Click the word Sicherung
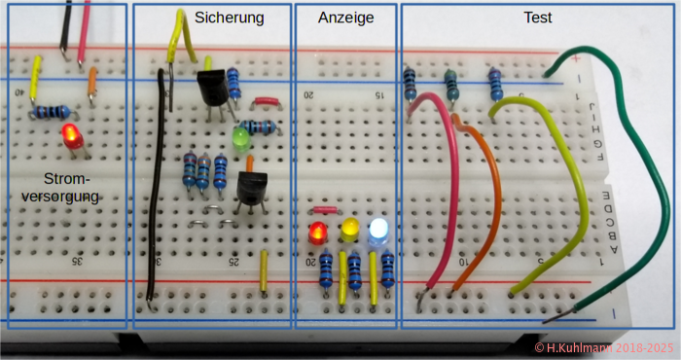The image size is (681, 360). click(x=229, y=18)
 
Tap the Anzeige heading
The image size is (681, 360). click(x=345, y=18)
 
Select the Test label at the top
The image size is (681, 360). click(x=538, y=18)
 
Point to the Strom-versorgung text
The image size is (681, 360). click(x=68, y=187)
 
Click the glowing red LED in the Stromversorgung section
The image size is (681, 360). click(x=70, y=136)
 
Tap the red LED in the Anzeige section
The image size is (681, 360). click(x=317, y=234)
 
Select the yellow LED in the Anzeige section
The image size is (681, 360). click(x=350, y=232)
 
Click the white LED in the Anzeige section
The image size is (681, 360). click(x=378, y=231)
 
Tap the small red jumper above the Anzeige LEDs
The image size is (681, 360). click(x=325, y=209)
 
